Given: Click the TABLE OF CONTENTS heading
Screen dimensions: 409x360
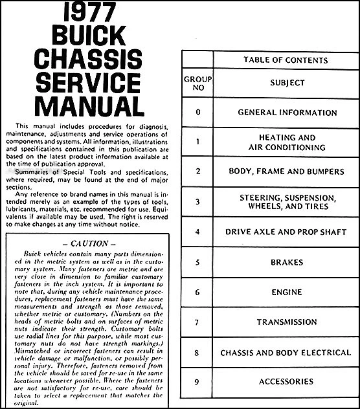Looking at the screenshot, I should pos(286,61).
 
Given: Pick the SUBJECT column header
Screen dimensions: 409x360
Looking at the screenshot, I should pos(286,83).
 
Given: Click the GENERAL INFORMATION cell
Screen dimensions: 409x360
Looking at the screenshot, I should pos(287,112).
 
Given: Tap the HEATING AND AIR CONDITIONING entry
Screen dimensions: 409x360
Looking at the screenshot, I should pos(287,142).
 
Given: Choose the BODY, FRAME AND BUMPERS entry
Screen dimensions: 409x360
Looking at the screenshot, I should pos(287,172).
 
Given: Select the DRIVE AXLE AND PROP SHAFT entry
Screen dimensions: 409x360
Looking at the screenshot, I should pos(287,232).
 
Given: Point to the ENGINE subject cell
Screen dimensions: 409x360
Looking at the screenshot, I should pos(287,293).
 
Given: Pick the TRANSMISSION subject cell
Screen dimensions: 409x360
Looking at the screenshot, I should pos(287,322).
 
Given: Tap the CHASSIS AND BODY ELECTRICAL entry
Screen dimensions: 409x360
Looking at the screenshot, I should pos(287,353).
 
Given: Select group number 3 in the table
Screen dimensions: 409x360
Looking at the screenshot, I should pos(198,201).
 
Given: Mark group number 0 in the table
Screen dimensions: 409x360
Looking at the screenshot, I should pos(198,112).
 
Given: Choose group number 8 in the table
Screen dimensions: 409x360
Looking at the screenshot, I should pos(198,353).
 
